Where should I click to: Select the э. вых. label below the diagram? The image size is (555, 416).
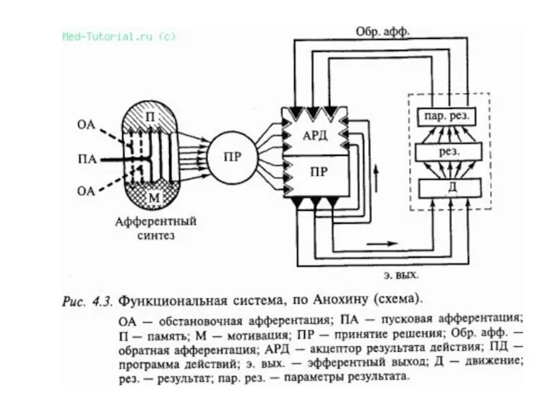pyautogui.click(x=398, y=274)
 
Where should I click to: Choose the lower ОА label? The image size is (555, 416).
pyautogui.click(x=86, y=190)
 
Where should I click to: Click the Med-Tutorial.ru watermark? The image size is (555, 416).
pyautogui.click(x=119, y=35)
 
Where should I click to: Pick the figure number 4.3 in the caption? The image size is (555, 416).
pyautogui.click(x=98, y=298)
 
